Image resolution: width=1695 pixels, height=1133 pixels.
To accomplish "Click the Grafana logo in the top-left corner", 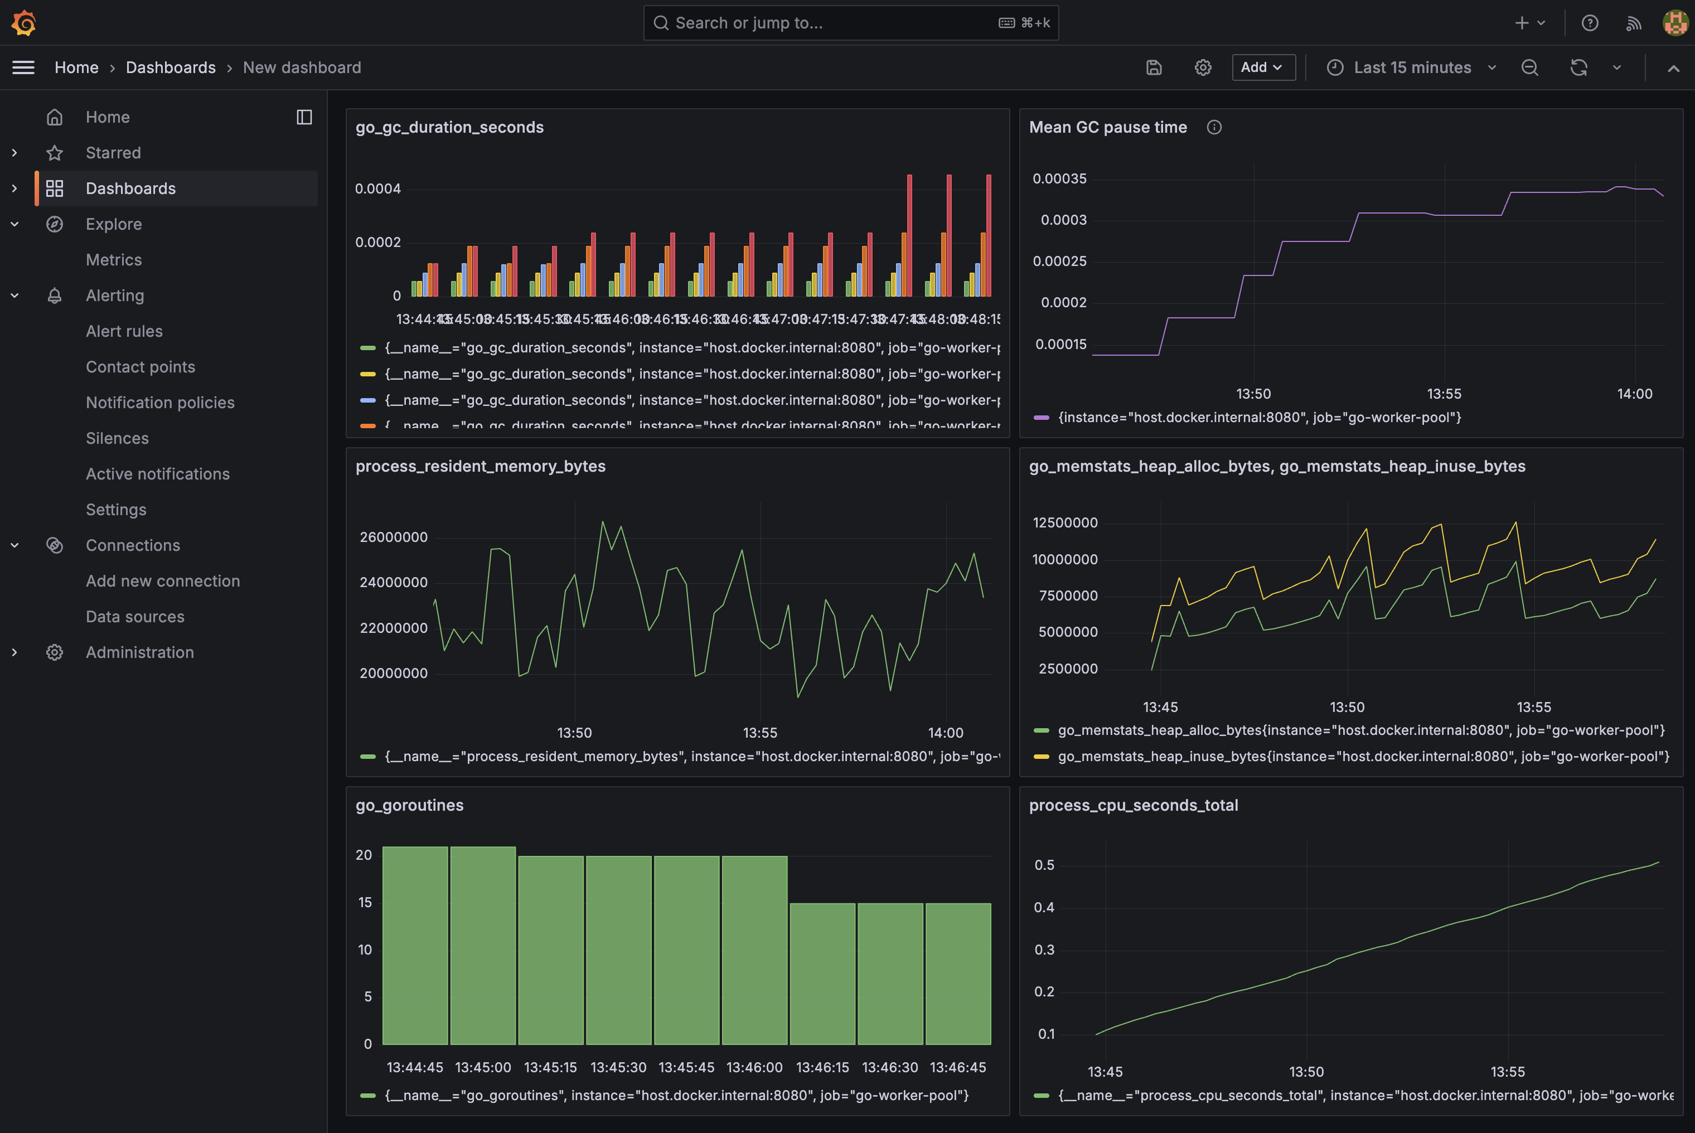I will tap(24, 22).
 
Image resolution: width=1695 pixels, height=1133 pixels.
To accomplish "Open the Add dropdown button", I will tap(1262, 67).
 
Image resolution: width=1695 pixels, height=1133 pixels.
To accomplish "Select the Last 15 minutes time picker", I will tap(1411, 67).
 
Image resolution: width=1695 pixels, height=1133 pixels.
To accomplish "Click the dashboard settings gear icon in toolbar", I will tap(1202, 67).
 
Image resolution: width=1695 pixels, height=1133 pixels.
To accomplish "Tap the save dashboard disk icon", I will tap(1154, 67).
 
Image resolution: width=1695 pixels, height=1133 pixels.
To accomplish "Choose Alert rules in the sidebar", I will tap(124, 331).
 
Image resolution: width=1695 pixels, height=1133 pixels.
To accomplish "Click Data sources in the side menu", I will tap(135, 616).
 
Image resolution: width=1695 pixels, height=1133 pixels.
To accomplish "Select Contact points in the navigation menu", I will tap(140, 366).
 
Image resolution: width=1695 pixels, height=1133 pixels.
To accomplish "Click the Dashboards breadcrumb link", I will tap(171, 67).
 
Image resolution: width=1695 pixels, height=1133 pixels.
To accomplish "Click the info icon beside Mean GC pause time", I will tap(1214, 127).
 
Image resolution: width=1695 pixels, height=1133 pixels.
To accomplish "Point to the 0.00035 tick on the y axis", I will tap(1059, 178).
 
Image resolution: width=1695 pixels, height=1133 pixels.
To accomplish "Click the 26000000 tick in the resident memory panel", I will tap(394, 537).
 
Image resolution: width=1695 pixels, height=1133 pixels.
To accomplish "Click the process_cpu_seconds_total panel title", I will tap(1133, 805).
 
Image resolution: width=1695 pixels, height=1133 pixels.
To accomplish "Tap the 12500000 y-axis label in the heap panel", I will tap(1064, 522).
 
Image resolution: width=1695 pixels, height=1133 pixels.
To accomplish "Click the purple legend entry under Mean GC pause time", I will tap(1258, 417).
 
